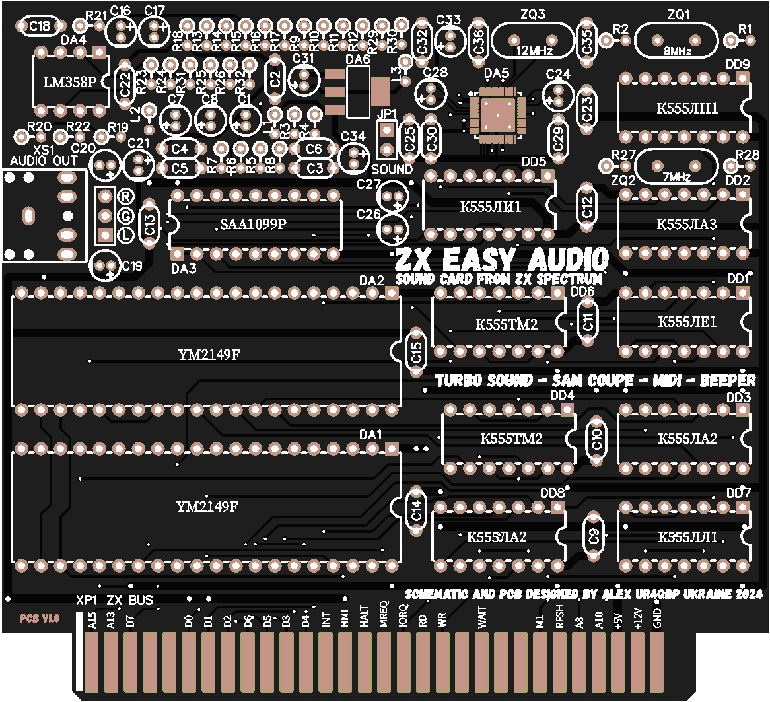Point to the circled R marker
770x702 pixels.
[125, 196]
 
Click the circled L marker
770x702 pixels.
[125, 234]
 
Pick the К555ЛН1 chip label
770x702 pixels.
[687, 108]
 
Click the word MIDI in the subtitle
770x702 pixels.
[670, 381]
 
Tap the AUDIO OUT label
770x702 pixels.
[44, 161]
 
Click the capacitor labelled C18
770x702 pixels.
[40, 26]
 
